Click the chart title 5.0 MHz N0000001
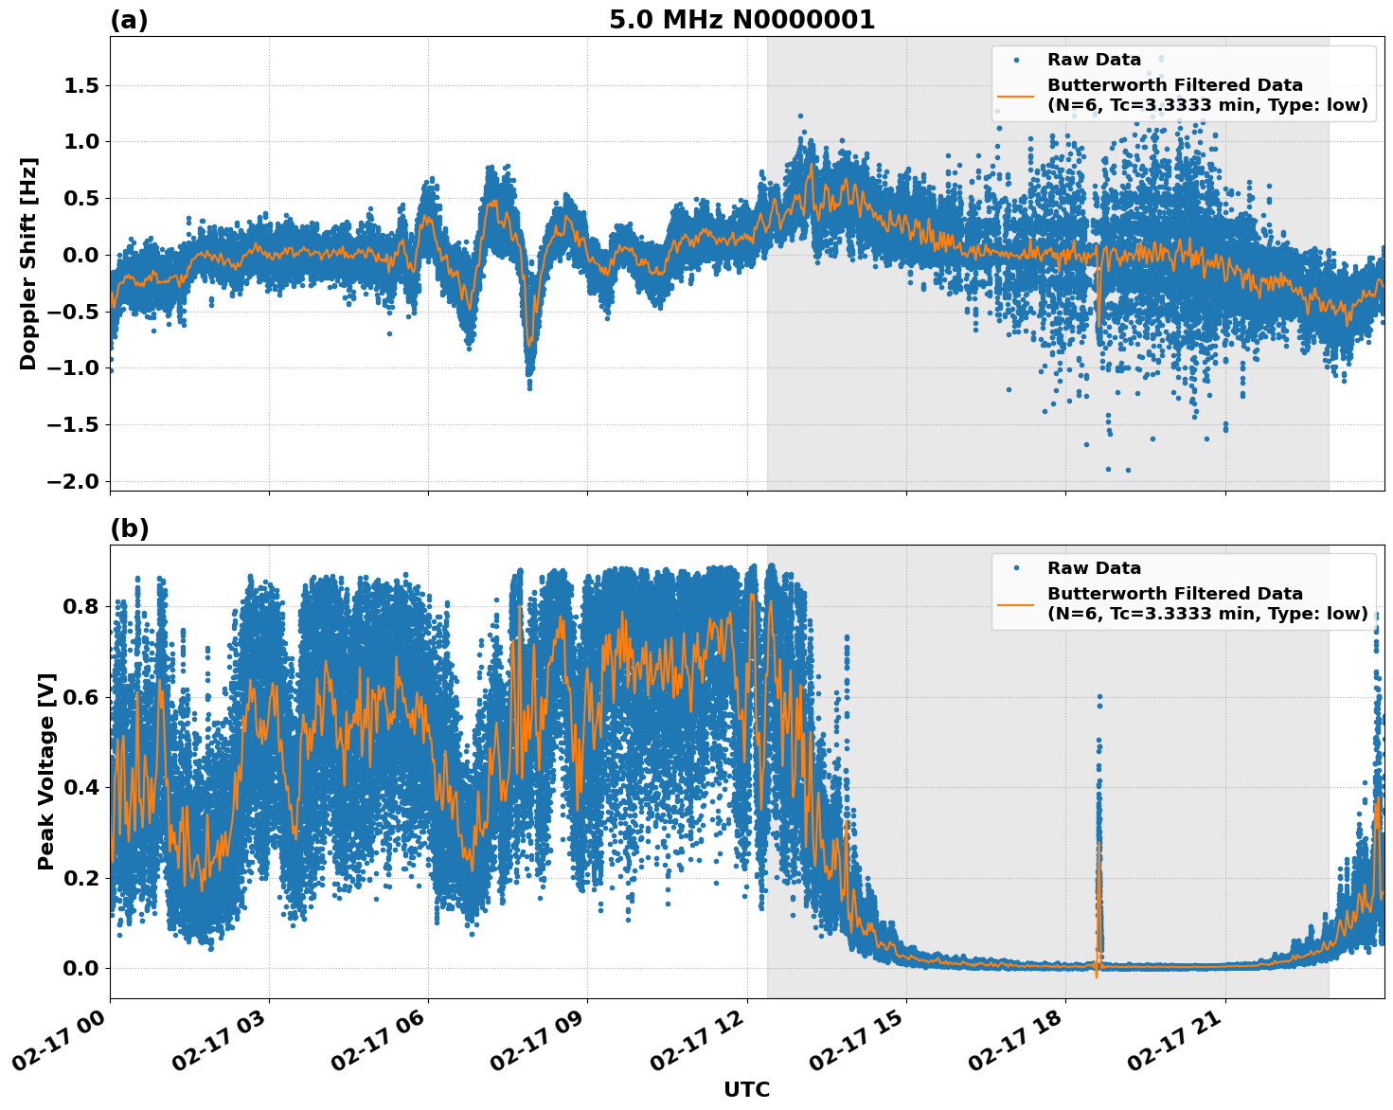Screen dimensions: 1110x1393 741,20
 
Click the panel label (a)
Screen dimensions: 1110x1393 129,20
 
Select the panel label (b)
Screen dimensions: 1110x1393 129,528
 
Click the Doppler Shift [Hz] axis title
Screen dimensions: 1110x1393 28,263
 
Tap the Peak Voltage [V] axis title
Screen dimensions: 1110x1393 46,771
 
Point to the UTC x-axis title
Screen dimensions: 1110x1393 746,1089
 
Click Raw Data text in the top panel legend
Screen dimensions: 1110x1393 1094,60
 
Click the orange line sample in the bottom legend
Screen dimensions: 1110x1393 1016,603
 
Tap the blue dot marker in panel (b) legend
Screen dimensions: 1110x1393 1016,568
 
